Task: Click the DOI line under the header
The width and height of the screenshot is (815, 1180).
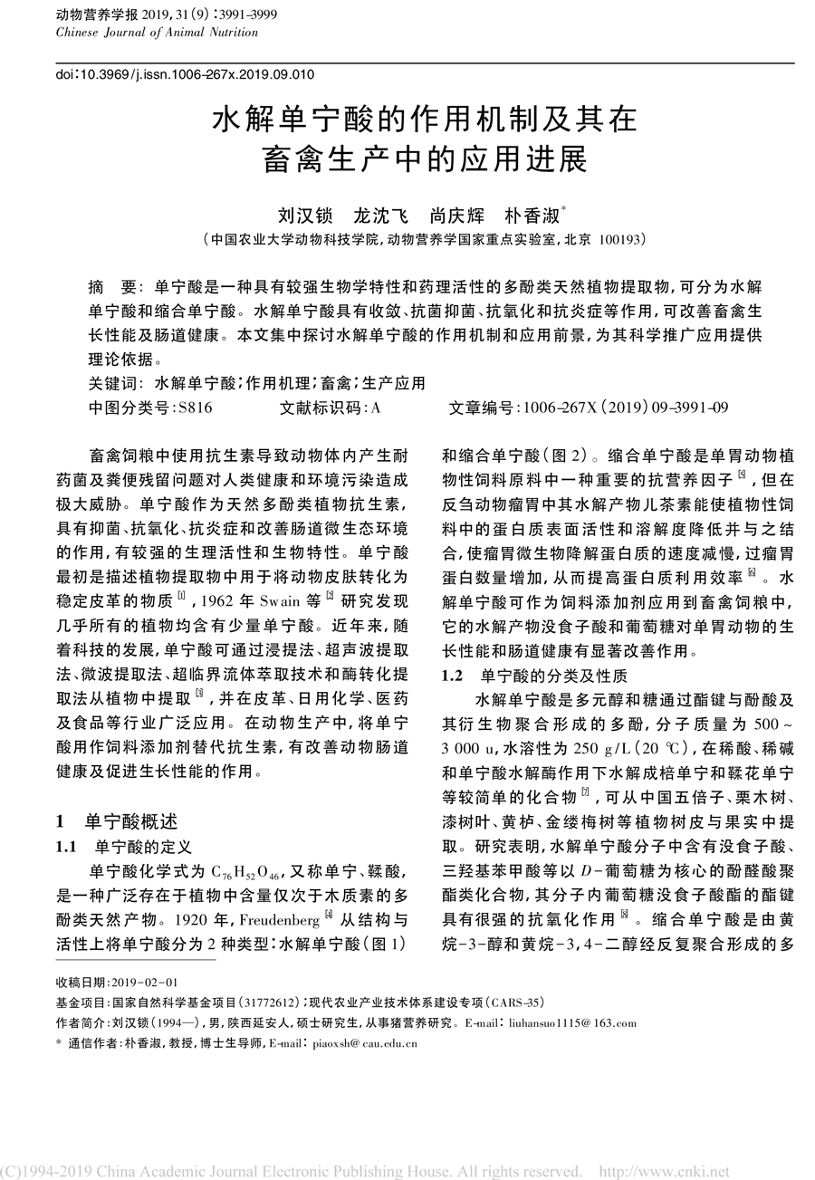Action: (186, 75)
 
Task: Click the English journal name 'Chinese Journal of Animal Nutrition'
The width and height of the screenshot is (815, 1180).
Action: (157, 33)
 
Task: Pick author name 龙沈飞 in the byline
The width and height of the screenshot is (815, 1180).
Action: (379, 217)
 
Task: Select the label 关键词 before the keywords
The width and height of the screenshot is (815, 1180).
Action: (115, 383)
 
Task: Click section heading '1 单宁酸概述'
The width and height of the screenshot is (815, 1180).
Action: (117, 821)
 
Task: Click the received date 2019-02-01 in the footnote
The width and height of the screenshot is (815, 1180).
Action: (143, 983)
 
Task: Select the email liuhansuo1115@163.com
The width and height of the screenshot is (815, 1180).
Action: (572, 1023)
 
